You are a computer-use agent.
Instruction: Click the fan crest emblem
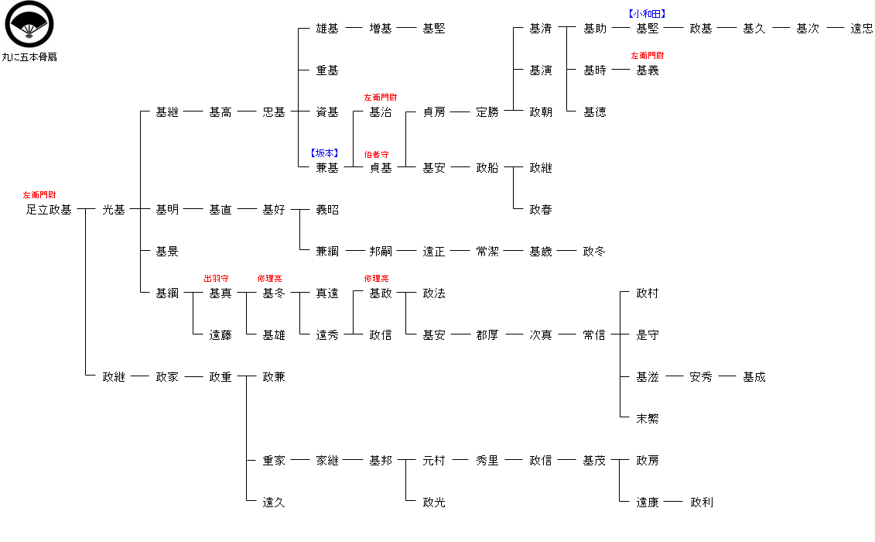click(x=29, y=23)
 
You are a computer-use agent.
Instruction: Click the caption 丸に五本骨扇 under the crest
click(x=29, y=57)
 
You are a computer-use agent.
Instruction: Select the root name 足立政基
click(x=49, y=210)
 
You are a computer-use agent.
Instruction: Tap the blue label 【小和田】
click(x=648, y=13)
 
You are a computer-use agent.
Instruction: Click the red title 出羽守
click(x=216, y=279)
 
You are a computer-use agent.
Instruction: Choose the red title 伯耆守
click(x=376, y=155)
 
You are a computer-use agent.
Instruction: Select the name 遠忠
click(x=861, y=29)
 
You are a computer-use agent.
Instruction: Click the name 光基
click(x=114, y=210)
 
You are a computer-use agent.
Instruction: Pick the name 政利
click(x=702, y=503)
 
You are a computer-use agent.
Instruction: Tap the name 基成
click(x=754, y=377)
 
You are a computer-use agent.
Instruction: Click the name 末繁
click(x=648, y=419)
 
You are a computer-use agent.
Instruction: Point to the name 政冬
click(x=594, y=252)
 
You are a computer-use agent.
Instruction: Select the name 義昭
click(x=327, y=210)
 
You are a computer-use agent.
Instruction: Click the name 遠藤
click(x=220, y=335)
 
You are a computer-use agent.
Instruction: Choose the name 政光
click(x=434, y=503)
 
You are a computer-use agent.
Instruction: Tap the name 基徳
click(x=595, y=112)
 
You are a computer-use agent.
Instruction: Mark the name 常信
click(x=594, y=335)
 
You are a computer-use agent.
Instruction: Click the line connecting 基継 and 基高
click(x=193, y=112)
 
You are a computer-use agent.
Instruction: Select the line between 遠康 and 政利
click(x=674, y=503)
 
